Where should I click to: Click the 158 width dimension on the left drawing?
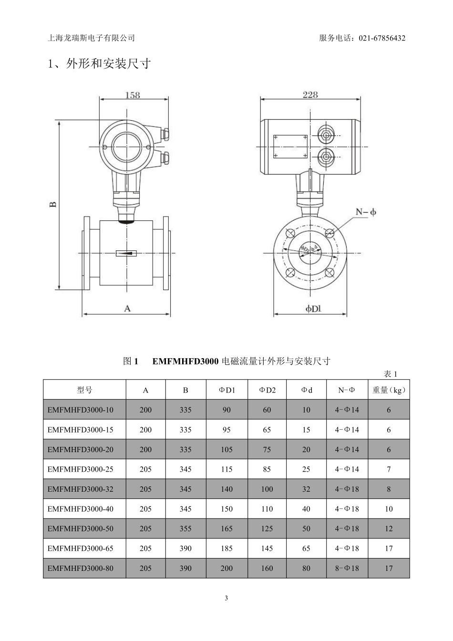(133, 95)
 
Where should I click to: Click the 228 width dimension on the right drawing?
(310, 94)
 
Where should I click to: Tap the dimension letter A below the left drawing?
(127, 309)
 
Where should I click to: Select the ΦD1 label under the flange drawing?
(313, 309)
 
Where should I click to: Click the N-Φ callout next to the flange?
(366, 212)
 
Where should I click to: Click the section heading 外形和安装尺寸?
(108, 63)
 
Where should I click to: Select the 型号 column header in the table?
(84, 390)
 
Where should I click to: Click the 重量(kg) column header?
(389, 390)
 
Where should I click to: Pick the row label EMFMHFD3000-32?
(81, 489)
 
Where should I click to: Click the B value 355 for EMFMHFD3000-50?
(185, 528)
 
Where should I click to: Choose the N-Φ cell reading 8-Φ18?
(347, 568)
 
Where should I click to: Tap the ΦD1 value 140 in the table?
(226, 489)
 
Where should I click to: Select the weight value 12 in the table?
(389, 528)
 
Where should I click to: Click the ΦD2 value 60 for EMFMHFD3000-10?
(267, 410)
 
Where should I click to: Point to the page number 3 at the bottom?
(226, 598)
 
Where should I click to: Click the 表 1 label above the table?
(391, 374)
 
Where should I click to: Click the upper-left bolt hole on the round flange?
(290, 233)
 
